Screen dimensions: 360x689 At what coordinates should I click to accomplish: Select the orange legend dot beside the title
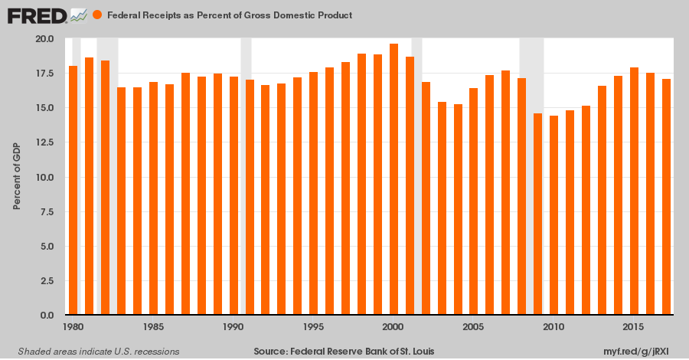point(97,15)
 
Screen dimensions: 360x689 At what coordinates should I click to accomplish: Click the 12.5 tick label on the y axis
point(45,142)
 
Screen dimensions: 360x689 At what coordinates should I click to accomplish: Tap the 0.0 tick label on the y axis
point(47,316)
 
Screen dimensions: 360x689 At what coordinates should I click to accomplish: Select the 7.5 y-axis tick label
point(47,212)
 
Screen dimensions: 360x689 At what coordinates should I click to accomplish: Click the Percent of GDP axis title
point(16,177)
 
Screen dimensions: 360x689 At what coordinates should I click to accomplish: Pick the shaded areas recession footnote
point(93,351)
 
